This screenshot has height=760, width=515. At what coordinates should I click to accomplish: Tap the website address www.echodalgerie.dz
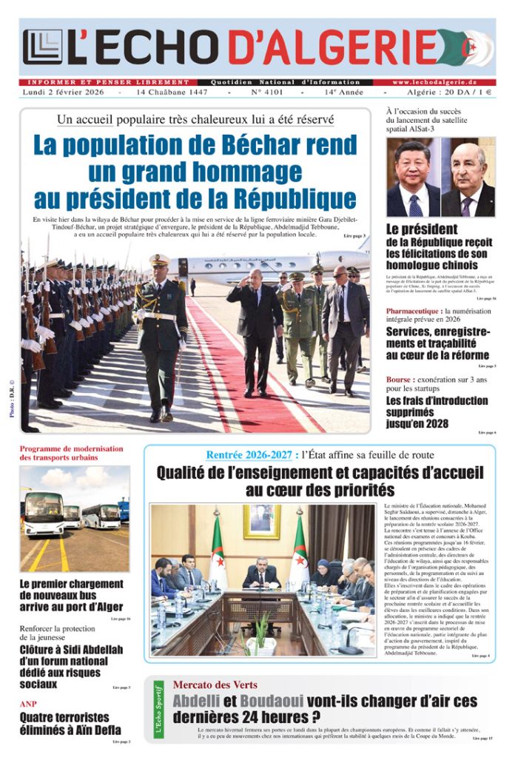tap(444, 81)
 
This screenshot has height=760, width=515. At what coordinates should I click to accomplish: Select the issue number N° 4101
tap(264, 93)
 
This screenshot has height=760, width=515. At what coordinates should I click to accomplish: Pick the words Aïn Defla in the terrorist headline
tap(97, 730)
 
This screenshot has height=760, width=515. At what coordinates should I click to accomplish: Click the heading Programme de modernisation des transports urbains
tap(72, 453)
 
